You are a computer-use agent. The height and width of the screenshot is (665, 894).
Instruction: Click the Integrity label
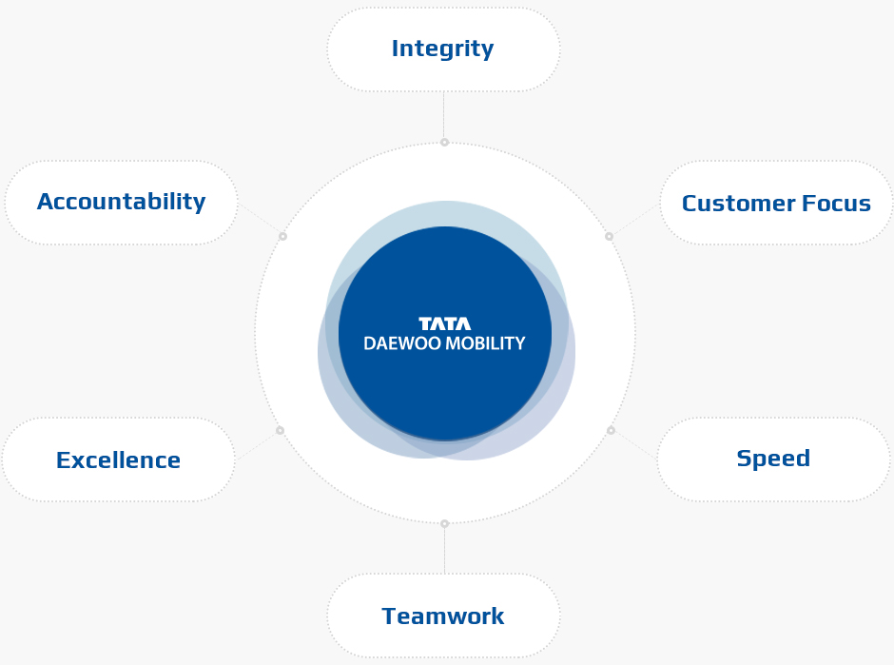click(x=442, y=49)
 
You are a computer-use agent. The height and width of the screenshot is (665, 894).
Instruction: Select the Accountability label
click(x=122, y=202)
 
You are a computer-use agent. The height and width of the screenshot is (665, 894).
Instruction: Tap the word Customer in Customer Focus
click(x=738, y=203)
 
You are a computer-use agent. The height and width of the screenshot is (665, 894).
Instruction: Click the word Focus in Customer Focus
click(x=836, y=203)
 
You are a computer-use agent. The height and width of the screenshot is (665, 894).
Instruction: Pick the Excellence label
click(x=118, y=460)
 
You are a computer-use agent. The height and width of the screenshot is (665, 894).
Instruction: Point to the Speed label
click(x=773, y=459)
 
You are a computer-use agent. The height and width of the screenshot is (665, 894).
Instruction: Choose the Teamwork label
click(x=443, y=616)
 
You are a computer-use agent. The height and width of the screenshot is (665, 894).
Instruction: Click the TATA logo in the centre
click(x=445, y=324)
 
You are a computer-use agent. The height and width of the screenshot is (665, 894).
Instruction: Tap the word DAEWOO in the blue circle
click(x=402, y=343)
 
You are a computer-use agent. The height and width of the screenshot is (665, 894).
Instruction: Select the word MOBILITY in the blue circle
click(x=485, y=343)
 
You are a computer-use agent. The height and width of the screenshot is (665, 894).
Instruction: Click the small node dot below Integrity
click(x=445, y=142)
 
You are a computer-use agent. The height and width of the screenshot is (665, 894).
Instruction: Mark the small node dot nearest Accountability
click(x=282, y=236)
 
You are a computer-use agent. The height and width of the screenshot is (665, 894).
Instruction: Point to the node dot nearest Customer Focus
click(x=609, y=236)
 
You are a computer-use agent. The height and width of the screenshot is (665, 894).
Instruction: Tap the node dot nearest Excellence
click(x=280, y=430)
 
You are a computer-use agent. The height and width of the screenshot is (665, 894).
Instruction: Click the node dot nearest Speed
click(x=611, y=430)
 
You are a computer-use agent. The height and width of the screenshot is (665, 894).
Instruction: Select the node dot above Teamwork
click(x=445, y=523)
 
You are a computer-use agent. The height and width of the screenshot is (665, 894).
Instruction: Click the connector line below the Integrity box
click(x=443, y=114)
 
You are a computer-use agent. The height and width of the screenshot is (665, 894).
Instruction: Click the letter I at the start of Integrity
click(x=395, y=49)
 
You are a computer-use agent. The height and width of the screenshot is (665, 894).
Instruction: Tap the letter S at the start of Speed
click(x=744, y=458)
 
